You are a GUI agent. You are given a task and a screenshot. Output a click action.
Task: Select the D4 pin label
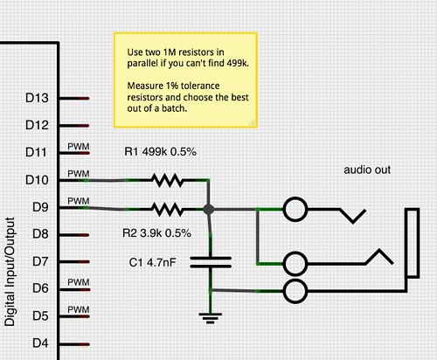[39, 343]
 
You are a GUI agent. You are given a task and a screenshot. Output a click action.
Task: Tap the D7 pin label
[39, 261]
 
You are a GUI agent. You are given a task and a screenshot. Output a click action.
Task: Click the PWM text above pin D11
[79, 146]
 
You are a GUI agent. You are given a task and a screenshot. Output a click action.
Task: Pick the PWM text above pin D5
[79, 308]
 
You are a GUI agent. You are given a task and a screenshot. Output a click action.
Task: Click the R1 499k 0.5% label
[160, 152]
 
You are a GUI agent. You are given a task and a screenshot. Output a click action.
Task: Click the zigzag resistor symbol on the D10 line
[165, 181]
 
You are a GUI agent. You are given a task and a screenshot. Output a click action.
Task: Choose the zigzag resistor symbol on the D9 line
[165, 209]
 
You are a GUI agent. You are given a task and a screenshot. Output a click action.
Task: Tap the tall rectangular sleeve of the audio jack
[412, 242]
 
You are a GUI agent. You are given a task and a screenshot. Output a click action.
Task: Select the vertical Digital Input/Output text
[10, 271]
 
